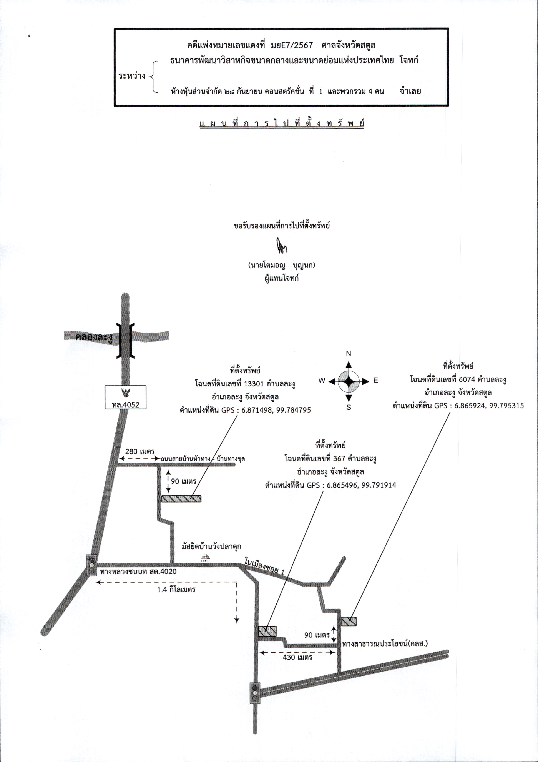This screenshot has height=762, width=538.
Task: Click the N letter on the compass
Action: point(348,353)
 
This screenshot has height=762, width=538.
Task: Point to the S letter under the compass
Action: point(349,408)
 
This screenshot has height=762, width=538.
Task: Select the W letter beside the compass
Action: point(322,381)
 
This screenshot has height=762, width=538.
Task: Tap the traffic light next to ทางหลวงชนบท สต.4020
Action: point(91,565)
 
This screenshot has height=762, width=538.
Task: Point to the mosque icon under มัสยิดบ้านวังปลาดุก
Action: point(205,558)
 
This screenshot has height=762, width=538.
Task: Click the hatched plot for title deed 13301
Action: point(181,498)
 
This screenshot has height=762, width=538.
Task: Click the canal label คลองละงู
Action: point(94,338)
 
